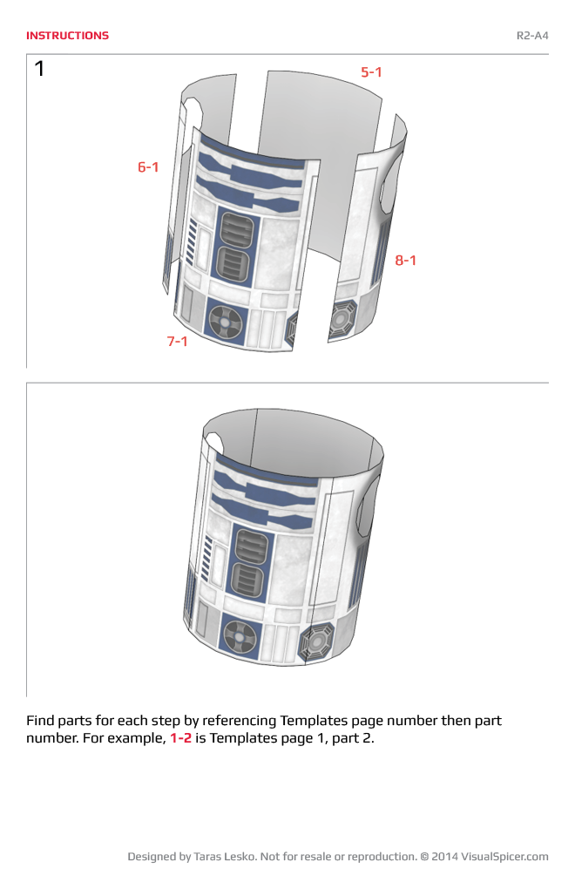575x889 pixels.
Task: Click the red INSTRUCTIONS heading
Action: coord(67,36)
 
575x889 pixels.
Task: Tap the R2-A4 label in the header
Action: coord(532,36)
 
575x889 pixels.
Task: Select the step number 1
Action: coord(39,69)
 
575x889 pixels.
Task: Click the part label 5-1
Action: coord(372,72)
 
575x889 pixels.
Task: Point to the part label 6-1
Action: coord(148,166)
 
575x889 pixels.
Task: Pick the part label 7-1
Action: coord(178,341)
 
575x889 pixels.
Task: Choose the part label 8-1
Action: coord(406,260)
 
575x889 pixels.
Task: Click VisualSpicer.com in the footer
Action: coord(504,857)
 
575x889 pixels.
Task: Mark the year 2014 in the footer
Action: coord(445,857)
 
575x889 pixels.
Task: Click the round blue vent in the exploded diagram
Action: coord(224,322)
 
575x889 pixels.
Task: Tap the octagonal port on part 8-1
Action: coord(340,320)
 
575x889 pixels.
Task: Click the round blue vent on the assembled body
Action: coord(240,635)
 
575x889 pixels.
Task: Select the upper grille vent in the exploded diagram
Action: coord(237,229)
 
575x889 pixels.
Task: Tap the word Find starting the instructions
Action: coord(41,721)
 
